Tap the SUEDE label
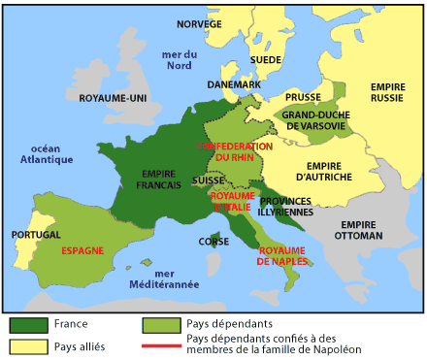click(x=266, y=58)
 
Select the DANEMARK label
click(x=234, y=84)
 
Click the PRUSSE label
click(x=302, y=98)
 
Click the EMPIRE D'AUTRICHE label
click(x=331, y=171)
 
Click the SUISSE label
click(x=209, y=180)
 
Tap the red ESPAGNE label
click(x=82, y=249)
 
